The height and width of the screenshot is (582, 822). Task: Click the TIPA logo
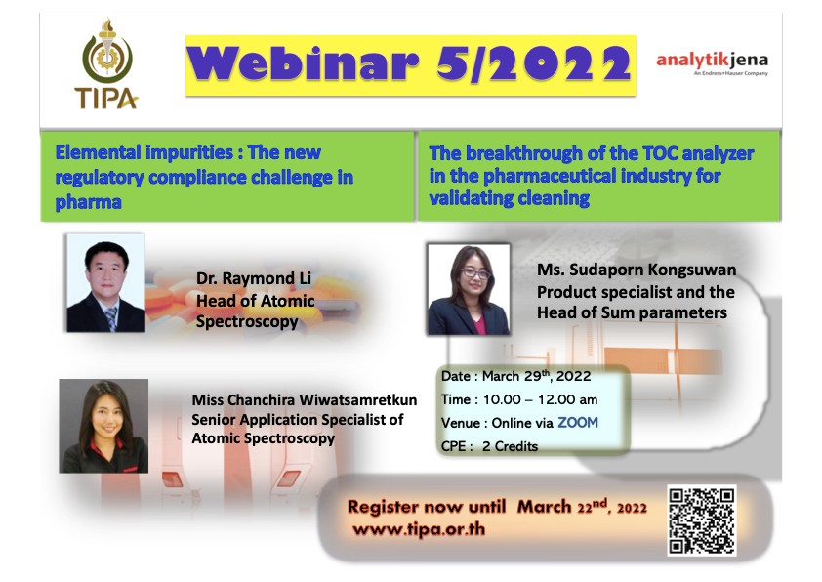107,64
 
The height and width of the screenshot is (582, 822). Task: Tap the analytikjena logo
712,63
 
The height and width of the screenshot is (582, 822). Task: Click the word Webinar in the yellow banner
303,64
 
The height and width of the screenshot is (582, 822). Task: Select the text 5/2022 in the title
533,64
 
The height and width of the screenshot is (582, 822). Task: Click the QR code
702,520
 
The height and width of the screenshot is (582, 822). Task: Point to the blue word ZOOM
578,423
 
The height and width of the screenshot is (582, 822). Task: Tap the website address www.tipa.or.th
419,529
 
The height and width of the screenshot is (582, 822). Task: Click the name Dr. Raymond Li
254,278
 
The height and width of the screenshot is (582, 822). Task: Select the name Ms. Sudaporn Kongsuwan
637,270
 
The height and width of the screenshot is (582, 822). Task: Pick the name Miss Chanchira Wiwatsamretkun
304,400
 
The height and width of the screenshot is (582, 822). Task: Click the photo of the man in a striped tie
105,283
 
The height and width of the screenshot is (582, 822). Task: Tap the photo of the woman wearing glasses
469,289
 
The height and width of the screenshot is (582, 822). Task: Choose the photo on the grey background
103,427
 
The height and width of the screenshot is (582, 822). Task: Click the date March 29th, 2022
536,376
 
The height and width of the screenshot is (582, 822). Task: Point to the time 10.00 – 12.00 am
540,399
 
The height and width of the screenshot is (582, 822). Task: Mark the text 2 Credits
510,446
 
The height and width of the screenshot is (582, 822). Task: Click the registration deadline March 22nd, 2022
582,507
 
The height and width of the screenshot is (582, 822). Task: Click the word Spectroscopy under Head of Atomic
247,322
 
